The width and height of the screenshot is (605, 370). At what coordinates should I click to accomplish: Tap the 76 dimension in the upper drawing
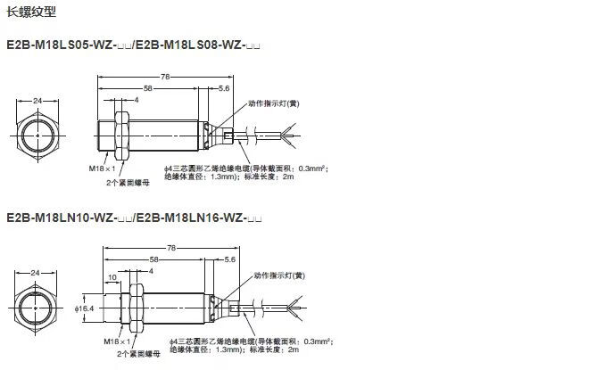(164, 78)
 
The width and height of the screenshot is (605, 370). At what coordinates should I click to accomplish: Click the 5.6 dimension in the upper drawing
(223, 89)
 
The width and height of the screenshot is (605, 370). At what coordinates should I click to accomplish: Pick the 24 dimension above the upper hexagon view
(37, 101)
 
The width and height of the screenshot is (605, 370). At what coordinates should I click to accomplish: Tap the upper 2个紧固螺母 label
(121, 182)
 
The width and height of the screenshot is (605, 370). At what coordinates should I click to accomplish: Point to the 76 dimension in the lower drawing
(170, 249)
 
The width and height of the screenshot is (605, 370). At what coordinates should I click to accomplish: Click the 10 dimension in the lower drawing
(112, 277)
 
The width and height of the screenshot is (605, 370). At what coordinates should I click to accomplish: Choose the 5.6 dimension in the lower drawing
(229, 259)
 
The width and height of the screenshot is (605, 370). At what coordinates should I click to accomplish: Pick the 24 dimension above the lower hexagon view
(37, 272)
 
